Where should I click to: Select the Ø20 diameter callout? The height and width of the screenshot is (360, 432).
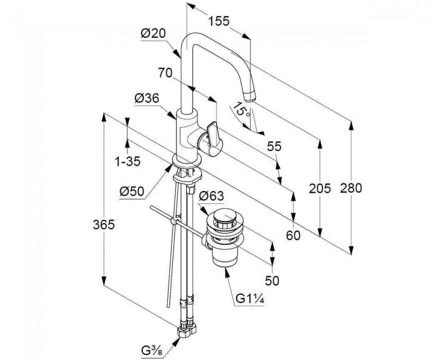pyautogui.click(x=153, y=34)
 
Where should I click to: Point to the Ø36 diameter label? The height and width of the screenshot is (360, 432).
pyautogui.click(x=147, y=98)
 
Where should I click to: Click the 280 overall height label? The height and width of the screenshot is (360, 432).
pyautogui.click(x=351, y=188)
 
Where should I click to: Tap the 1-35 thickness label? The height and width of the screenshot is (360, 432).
pyautogui.click(x=127, y=162)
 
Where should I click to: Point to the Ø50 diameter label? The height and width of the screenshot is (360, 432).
pyautogui.click(x=132, y=191)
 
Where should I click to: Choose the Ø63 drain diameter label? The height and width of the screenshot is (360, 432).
pyautogui.click(x=210, y=196)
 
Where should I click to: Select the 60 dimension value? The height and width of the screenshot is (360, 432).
pyautogui.click(x=293, y=235)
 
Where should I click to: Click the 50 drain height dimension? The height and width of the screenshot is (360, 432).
pyautogui.click(x=272, y=280)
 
